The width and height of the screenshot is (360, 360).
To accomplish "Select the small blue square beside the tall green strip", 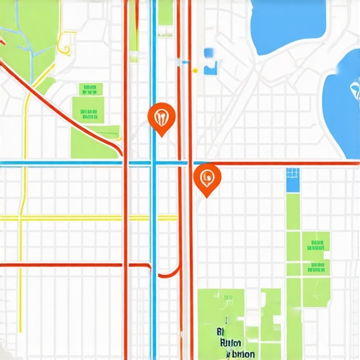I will point(292,180).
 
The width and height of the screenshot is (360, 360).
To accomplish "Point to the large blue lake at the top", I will point(288,25).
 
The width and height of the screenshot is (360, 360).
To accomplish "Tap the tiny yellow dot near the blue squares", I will point(195,70).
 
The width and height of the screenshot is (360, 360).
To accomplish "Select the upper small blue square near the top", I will point(209,53).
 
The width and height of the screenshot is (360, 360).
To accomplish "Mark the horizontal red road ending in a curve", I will point(70,265).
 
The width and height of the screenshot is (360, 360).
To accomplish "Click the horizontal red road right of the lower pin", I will point(281,164).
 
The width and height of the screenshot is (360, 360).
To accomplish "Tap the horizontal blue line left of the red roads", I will point(63,164).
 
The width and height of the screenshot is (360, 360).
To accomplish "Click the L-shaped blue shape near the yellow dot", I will point(210,68).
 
